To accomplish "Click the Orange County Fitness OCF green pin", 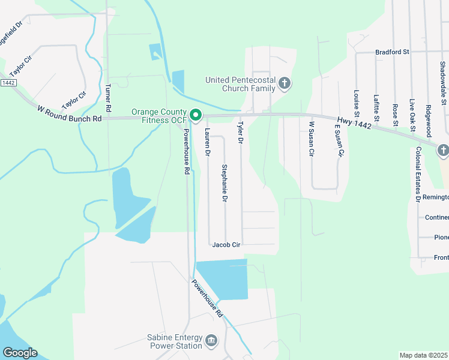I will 195,114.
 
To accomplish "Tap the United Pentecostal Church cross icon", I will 285,83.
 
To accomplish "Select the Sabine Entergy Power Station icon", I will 211,341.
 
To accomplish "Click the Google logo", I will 20,353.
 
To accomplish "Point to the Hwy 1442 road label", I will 354,122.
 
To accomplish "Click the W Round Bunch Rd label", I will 70,113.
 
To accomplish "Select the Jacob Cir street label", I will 226,245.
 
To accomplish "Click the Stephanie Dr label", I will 225,182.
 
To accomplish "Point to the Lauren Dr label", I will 208,143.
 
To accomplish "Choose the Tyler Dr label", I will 241,133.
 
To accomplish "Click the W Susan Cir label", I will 311,139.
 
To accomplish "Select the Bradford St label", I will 392,52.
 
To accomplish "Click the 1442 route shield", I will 8,82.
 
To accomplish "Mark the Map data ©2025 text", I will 424,355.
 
